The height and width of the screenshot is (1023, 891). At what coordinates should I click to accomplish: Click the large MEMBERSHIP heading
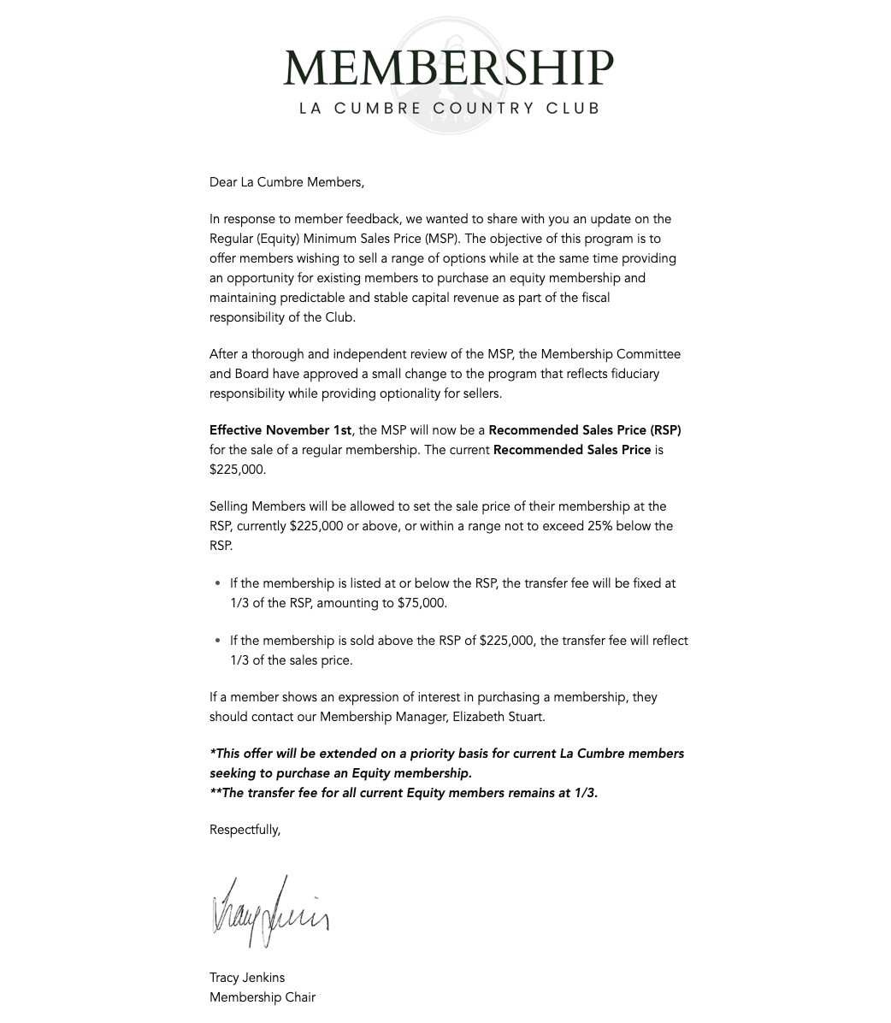pyautogui.click(x=448, y=68)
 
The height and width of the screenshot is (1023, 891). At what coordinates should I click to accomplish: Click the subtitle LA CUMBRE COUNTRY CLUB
pyautogui.click(x=449, y=109)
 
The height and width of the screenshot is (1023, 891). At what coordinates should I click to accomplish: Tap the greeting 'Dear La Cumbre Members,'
pyautogui.click(x=286, y=182)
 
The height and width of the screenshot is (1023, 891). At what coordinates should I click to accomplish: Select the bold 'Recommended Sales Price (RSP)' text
pyautogui.click(x=585, y=430)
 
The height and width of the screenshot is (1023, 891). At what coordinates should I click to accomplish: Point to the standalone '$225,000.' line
pyautogui.click(x=238, y=470)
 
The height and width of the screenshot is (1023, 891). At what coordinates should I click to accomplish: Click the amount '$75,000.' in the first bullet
pyautogui.click(x=422, y=603)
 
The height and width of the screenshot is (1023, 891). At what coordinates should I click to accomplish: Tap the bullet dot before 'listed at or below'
pyautogui.click(x=218, y=583)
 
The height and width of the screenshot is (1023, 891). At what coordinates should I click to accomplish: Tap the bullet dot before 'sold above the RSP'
pyautogui.click(x=218, y=641)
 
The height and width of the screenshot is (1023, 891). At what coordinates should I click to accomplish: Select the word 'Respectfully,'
pyautogui.click(x=245, y=830)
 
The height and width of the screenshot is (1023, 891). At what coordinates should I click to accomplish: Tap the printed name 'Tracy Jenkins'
pyautogui.click(x=247, y=978)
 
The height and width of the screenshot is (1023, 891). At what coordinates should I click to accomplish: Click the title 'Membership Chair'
pyautogui.click(x=263, y=997)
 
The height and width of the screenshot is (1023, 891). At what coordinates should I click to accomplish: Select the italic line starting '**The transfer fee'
pyautogui.click(x=404, y=793)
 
